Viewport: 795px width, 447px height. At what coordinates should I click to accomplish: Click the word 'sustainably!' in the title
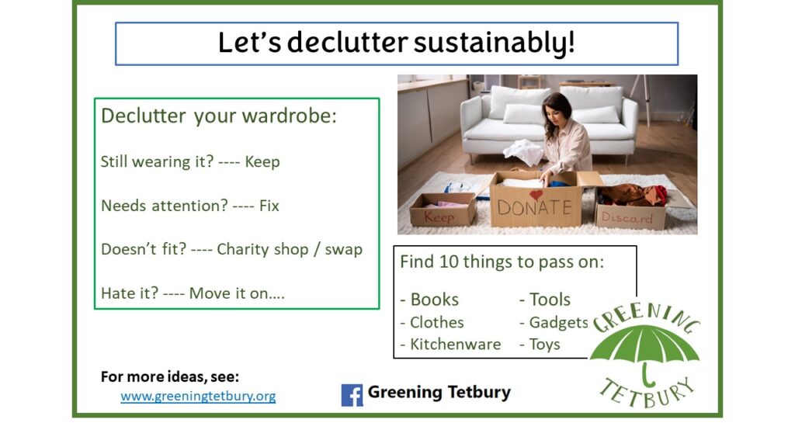tap(495, 43)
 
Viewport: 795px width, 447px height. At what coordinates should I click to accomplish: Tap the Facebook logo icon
tap(352, 395)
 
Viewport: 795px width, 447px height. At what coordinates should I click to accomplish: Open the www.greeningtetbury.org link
tap(198, 396)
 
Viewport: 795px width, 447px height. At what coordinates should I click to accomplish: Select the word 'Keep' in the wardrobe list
tap(262, 161)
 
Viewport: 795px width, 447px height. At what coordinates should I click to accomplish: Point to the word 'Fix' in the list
tap(269, 206)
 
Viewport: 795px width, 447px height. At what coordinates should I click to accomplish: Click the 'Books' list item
tap(435, 300)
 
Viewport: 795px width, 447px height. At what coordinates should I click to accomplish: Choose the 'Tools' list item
tap(550, 300)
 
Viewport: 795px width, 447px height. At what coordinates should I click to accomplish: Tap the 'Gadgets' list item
tap(559, 322)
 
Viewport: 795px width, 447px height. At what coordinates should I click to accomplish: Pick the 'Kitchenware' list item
tap(455, 344)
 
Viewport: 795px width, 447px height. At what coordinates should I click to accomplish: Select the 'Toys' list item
tap(544, 345)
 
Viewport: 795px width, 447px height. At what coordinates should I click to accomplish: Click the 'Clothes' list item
tap(437, 322)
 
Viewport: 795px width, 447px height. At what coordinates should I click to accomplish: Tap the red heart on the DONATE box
tap(536, 195)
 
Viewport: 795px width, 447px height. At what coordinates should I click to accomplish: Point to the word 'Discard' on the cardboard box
tap(627, 217)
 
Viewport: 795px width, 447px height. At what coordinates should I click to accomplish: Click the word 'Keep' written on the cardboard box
tap(439, 217)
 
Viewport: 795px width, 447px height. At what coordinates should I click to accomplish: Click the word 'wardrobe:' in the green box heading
tap(289, 116)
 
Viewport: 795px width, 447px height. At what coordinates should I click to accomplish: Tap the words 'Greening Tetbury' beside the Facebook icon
tap(439, 392)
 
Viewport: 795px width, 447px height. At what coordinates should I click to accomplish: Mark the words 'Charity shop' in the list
tap(262, 249)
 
